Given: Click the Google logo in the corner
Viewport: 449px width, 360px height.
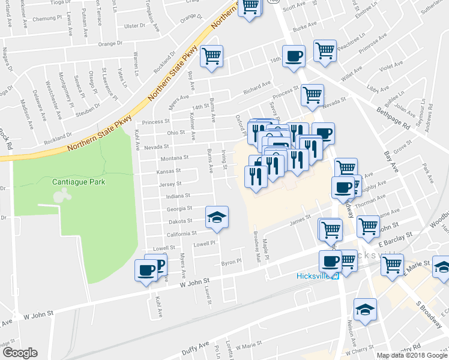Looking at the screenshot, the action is point(20,353).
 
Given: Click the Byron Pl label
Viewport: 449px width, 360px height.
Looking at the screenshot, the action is point(231,262).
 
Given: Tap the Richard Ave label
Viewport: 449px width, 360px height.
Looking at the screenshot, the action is point(257,91).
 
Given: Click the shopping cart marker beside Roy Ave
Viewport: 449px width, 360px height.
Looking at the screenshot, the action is point(211,56).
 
